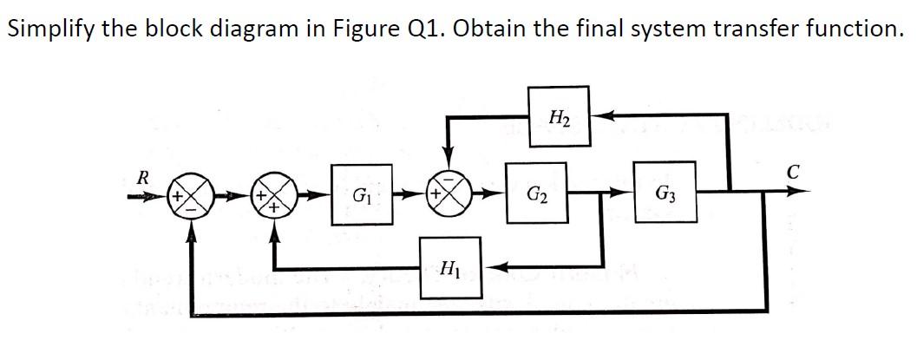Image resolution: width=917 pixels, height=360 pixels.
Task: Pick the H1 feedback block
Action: click(449, 266)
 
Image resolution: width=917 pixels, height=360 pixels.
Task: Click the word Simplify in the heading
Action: click(49, 29)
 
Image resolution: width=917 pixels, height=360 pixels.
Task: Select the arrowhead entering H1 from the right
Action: click(493, 266)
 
